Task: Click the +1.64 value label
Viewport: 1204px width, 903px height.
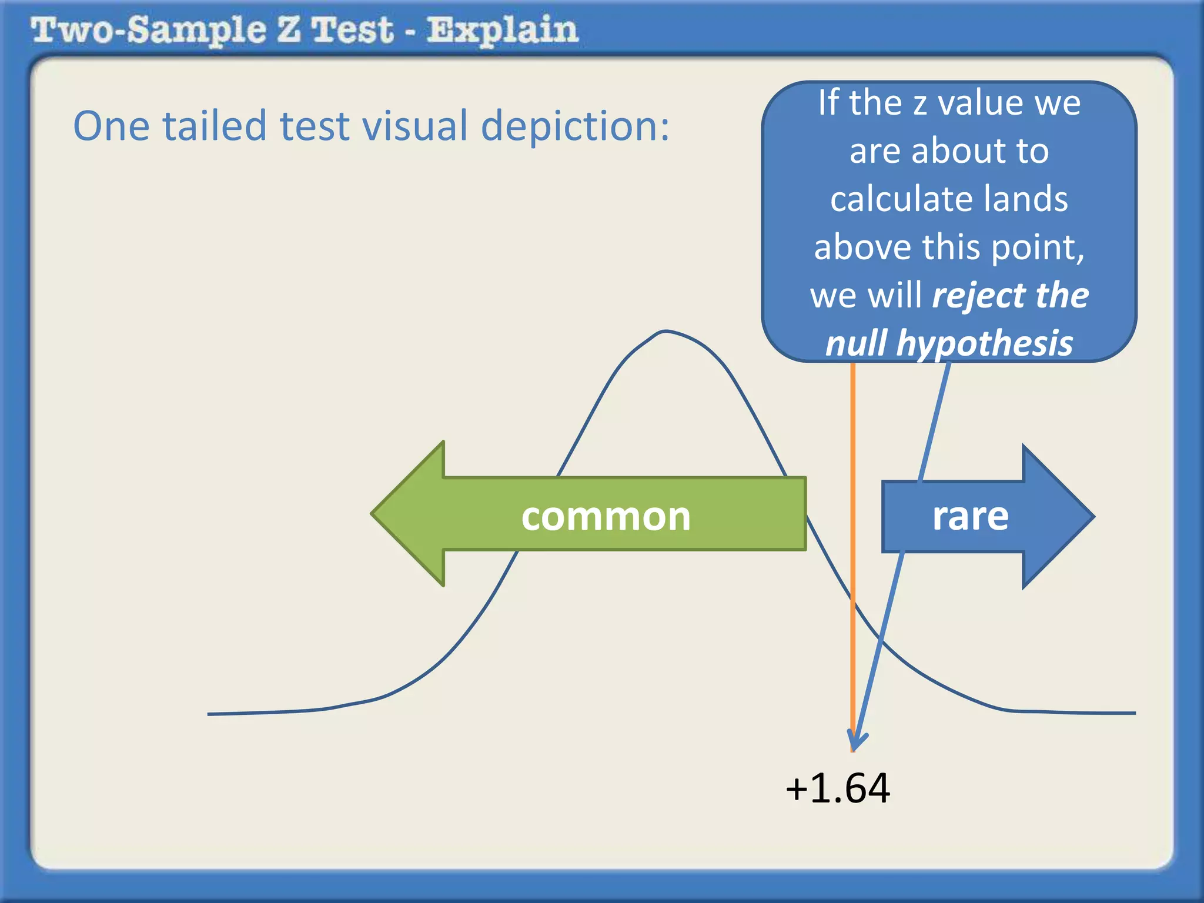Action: tap(838, 788)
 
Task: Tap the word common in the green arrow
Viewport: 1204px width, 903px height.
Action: tap(606, 517)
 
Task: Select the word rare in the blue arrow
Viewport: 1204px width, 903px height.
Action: tap(970, 516)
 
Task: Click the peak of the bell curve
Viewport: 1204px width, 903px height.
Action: tap(665, 332)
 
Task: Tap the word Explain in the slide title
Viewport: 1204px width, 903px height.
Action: tap(502, 31)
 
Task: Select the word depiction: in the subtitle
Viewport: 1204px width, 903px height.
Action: tap(575, 126)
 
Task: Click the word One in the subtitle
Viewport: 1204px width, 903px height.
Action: tap(111, 126)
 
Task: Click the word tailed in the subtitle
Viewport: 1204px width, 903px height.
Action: tap(215, 126)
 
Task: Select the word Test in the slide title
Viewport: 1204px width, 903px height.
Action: tap(352, 31)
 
